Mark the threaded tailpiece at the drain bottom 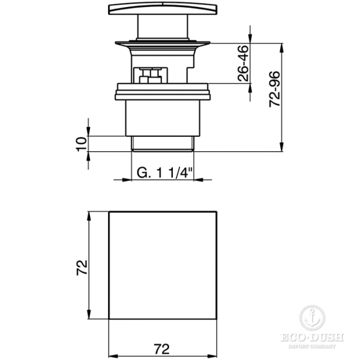tap(162, 143)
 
